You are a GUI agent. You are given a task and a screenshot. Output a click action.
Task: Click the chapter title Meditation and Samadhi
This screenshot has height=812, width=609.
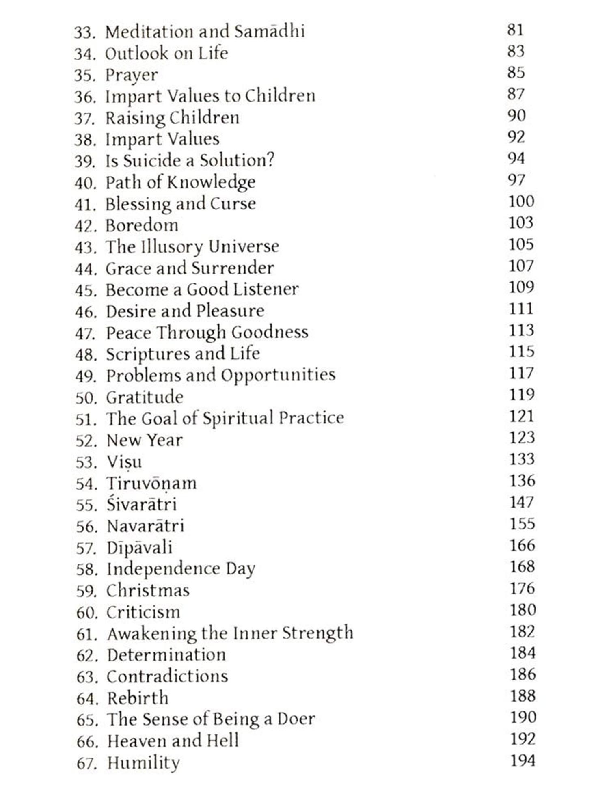coord(205,32)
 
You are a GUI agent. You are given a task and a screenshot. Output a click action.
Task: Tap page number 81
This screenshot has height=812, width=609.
coord(515,30)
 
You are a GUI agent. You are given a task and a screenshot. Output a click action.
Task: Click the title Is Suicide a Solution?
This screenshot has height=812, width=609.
coord(190,160)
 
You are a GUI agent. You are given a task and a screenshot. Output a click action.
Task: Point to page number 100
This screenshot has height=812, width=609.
coord(521,201)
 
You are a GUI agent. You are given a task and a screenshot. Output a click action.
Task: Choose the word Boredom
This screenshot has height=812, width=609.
coord(142,225)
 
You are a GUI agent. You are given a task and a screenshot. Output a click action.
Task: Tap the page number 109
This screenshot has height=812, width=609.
coord(521,287)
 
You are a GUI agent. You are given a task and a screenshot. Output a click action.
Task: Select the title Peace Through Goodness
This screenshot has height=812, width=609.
coord(207,333)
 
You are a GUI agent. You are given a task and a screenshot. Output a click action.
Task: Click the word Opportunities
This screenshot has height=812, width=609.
coord(278,375)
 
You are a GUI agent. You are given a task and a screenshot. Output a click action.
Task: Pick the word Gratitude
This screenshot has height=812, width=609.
coord(145,397)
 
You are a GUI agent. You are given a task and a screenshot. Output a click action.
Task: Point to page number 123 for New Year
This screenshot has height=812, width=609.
coord(522,438)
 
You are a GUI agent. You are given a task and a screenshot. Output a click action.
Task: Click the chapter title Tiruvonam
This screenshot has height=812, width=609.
coord(151,484)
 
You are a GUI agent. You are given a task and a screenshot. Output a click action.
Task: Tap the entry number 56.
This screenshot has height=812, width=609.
coord(86,527)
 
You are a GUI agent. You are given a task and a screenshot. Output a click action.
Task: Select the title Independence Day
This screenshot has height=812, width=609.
coord(181,569)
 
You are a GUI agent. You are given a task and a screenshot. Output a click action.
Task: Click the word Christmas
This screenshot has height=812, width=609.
coord(148,591)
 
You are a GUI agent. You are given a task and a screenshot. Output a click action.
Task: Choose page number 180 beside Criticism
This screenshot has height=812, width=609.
coord(523,610)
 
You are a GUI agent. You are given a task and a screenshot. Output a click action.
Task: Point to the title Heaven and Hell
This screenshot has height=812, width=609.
coord(173,741)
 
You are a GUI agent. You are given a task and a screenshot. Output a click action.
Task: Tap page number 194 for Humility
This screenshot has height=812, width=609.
coord(523,760)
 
